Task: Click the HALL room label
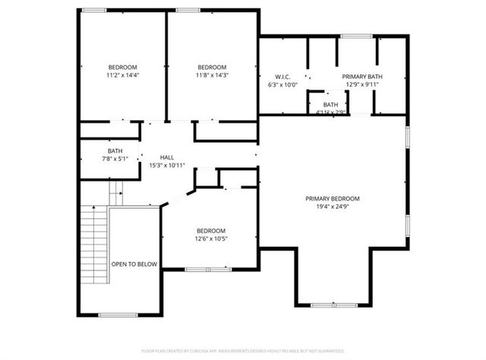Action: click(166, 157)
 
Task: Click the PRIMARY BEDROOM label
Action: click(333, 199)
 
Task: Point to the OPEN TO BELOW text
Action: click(134, 264)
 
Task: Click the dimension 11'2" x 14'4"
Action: click(123, 75)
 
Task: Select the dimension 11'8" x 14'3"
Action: click(212, 75)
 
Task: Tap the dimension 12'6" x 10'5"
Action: click(211, 239)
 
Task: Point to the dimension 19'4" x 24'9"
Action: click(333, 207)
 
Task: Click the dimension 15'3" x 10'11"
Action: click(166, 165)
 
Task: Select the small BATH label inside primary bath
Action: click(331, 105)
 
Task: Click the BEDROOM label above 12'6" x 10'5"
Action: click(211, 231)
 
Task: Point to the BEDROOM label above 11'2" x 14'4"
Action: click(123, 67)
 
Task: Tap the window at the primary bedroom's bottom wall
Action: click(333, 305)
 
